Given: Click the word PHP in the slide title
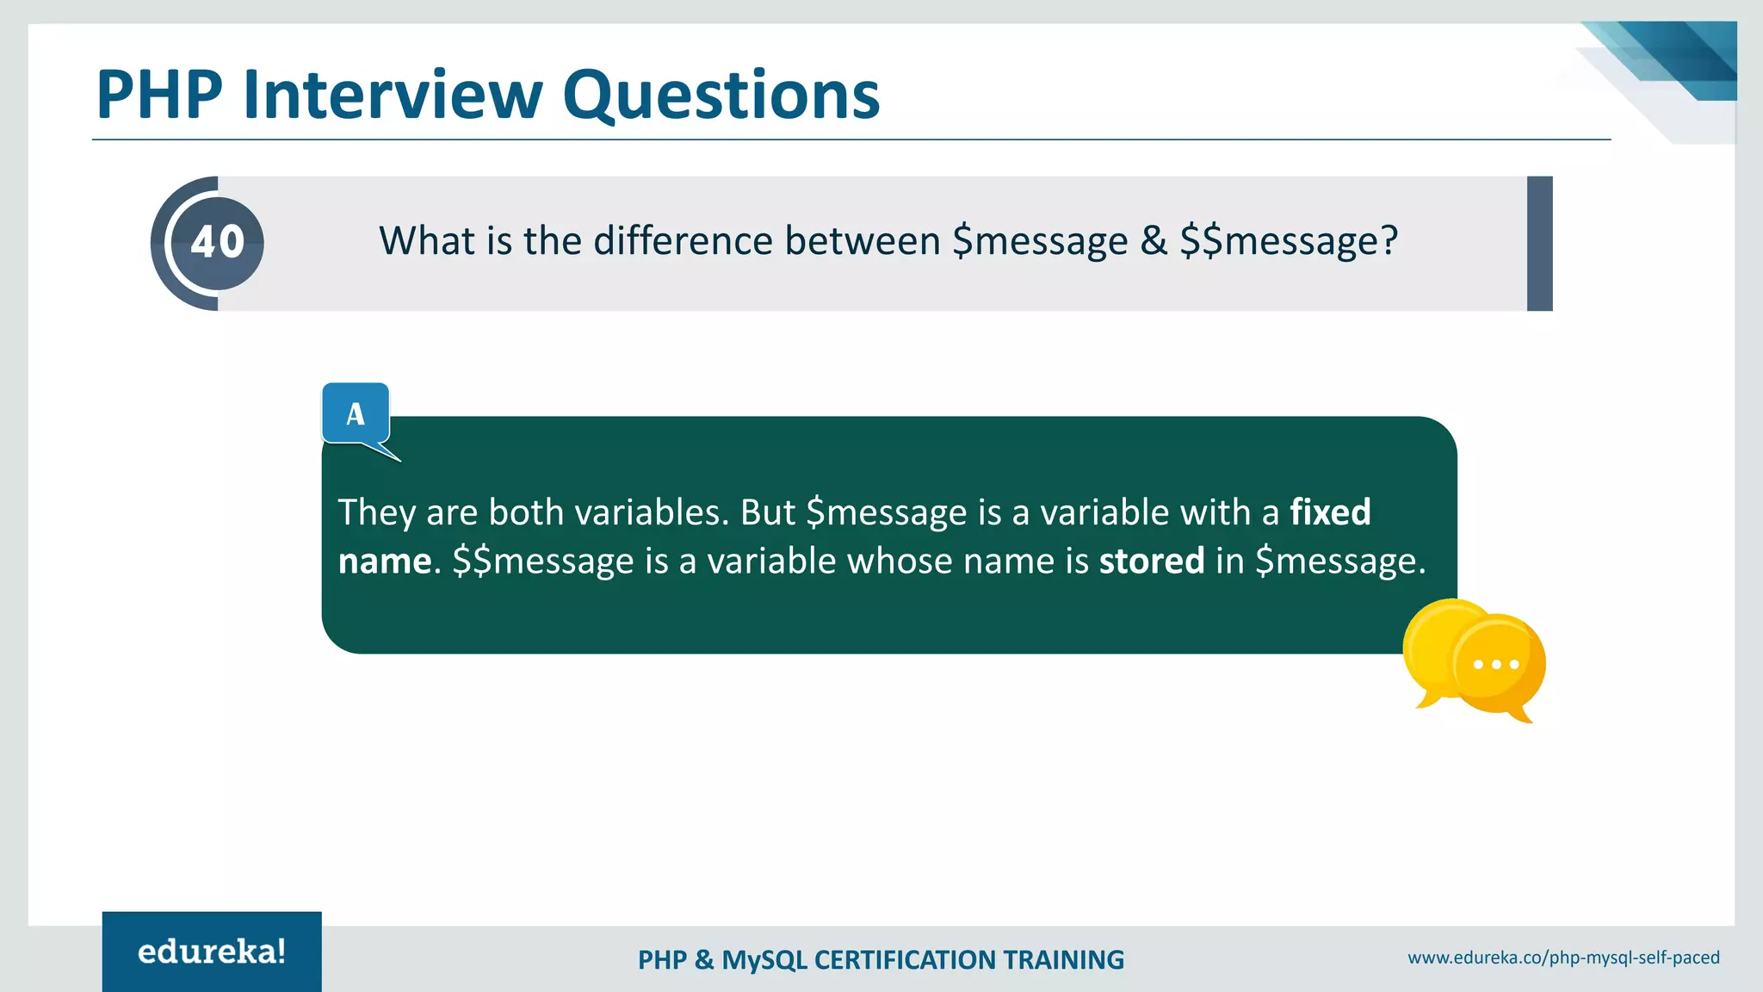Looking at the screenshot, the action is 159,95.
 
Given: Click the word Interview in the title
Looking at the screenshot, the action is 393,95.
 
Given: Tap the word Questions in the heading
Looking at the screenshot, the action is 721,95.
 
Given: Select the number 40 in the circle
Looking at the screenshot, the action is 218,242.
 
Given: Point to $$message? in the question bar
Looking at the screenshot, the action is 1289,241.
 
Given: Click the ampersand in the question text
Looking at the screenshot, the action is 1154,241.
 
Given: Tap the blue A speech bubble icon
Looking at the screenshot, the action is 356,414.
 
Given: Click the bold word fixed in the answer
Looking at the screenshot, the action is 1330,512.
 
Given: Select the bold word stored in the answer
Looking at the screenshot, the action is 1152,561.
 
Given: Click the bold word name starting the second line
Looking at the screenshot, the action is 384,561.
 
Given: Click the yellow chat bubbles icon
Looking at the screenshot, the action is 1474,660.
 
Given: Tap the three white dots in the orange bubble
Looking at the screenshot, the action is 1496,665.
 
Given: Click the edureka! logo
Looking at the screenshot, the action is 212,952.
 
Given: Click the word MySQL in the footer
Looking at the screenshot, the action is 764,960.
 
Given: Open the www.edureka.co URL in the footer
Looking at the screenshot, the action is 1563,958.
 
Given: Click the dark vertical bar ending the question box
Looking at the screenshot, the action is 1539,244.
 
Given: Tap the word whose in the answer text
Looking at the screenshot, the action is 900,561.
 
